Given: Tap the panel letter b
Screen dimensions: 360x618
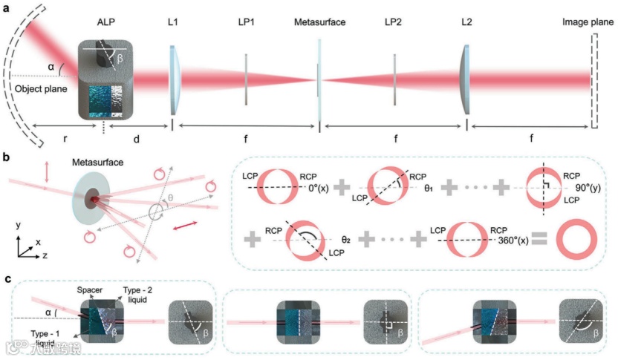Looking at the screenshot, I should (x=7, y=157).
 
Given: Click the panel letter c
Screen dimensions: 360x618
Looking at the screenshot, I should (x=7, y=280).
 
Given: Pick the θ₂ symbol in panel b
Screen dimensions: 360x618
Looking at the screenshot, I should (x=345, y=240).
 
